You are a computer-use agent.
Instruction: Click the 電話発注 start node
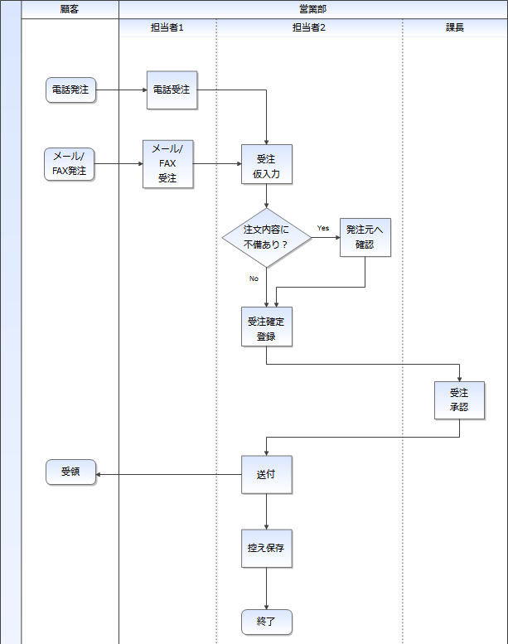(70, 90)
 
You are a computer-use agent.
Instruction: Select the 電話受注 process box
(172, 90)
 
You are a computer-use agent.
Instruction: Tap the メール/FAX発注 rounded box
(70, 164)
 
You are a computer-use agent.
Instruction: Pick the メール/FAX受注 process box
(168, 164)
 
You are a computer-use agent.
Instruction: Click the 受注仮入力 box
(267, 164)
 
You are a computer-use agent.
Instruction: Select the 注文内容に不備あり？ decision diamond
(267, 237)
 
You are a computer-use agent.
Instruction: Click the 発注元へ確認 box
(365, 237)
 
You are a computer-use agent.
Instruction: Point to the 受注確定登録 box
(267, 327)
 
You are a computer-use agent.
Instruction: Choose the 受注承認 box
(460, 400)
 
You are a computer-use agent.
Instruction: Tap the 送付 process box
(267, 474)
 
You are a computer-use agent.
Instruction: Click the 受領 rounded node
(70, 472)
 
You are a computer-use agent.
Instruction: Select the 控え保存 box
(267, 549)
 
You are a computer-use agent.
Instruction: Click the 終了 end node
(267, 622)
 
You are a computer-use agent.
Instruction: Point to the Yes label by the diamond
(323, 228)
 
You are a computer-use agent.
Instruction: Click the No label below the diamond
(254, 278)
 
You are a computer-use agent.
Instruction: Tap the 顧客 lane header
(70, 9)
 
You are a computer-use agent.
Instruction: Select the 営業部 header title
(313, 9)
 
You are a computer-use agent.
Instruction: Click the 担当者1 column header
(167, 27)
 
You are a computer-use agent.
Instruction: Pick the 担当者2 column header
(309, 27)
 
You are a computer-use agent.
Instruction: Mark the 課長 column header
(455, 27)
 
